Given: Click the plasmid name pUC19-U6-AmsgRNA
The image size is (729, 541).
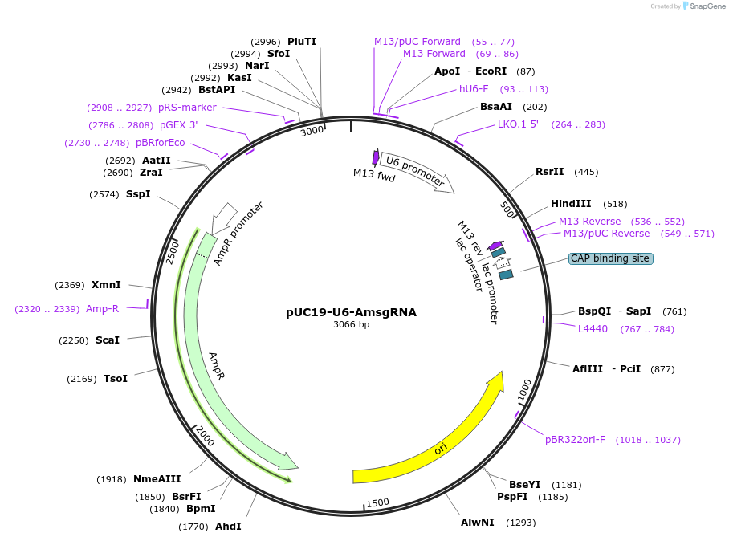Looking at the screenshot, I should click(x=351, y=312).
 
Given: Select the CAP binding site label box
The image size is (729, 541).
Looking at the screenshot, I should click(x=610, y=258).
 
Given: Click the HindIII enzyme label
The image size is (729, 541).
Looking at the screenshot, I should click(x=571, y=204).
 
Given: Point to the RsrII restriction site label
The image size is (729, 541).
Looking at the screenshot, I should click(x=550, y=172).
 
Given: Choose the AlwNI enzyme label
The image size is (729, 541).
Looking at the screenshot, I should click(x=478, y=523).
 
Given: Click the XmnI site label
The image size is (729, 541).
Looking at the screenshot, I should click(x=106, y=285).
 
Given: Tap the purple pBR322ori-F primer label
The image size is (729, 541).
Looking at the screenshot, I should click(x=575, y=440).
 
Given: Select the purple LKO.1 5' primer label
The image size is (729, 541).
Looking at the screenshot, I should click(x=519, y=124).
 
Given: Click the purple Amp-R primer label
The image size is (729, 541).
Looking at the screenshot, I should click(x=102, y=309).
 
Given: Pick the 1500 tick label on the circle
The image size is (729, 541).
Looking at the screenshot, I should click(x=377, y=502).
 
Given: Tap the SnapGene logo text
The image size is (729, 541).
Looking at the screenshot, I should click(x=706, y=6).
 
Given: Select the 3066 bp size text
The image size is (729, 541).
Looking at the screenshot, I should click(x=351, y=325).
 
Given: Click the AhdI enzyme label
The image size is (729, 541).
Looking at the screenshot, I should click(x=228, y=527).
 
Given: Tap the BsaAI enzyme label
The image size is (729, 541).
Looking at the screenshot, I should click(x=496, y=107).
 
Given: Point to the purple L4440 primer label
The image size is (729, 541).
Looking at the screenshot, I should click(x=593, y=329).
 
